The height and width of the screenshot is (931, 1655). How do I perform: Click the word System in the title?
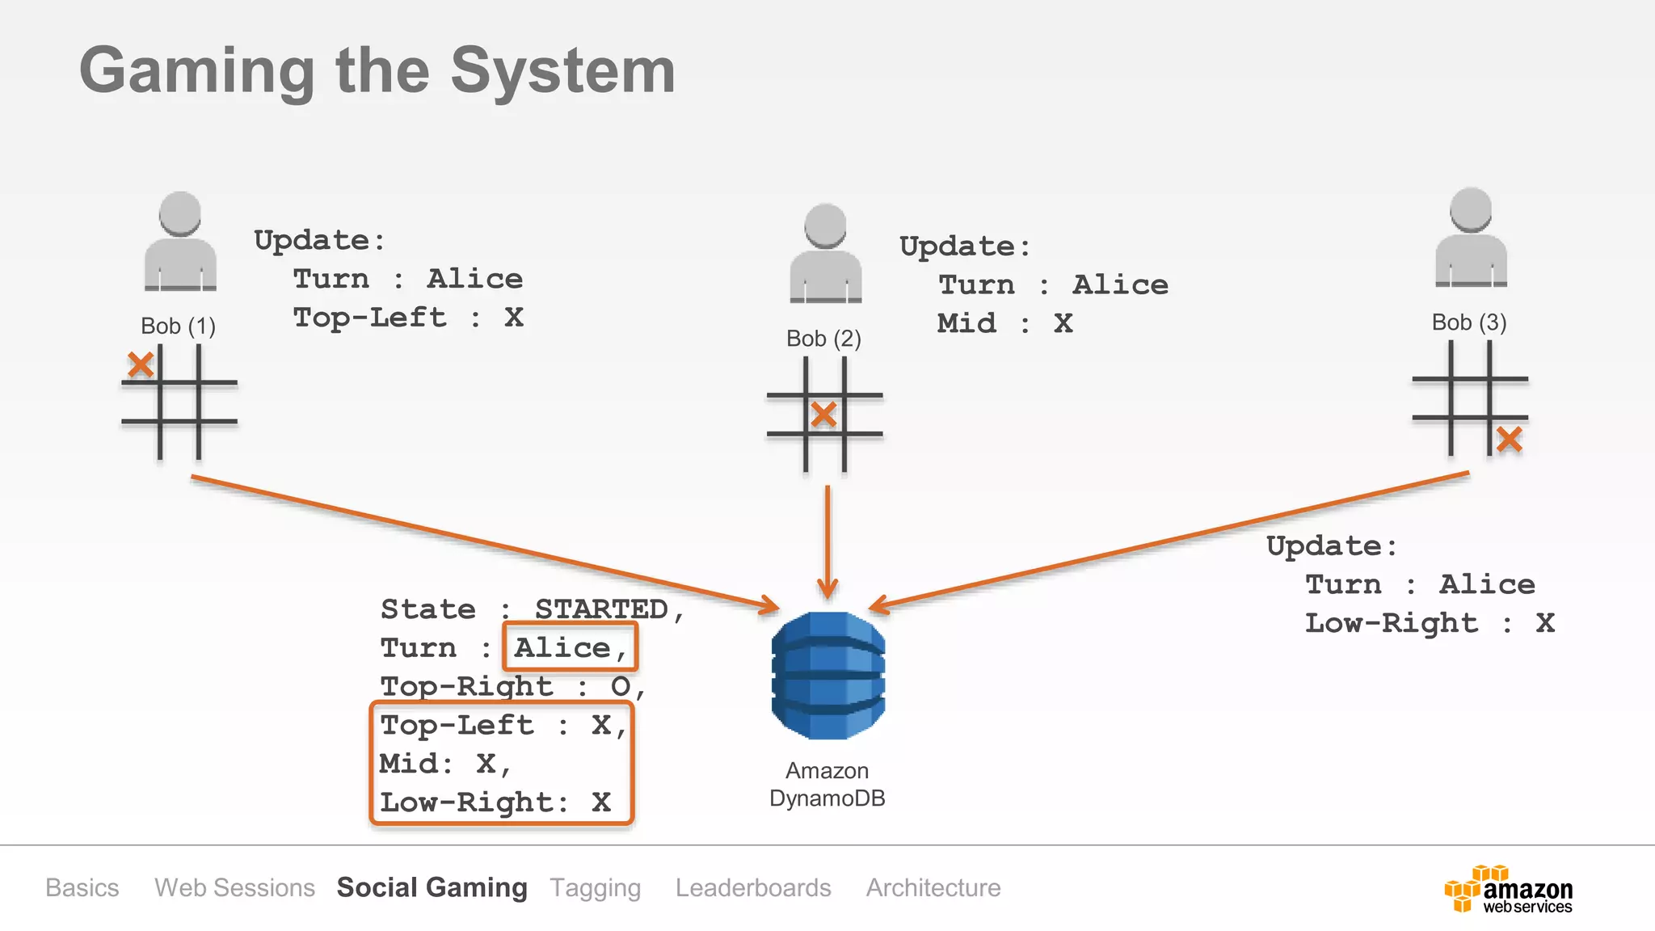[x=562, y=71]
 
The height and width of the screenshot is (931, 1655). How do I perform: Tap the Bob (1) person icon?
[x=179, y=242]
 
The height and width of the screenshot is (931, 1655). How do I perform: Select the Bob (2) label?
[x=823, y=339]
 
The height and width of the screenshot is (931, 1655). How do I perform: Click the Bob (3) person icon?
[x=1471, y=238]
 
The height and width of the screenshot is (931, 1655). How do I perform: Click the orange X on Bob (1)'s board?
[x=141, y=364]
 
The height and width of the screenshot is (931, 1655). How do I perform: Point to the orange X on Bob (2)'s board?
[x=823, y=415]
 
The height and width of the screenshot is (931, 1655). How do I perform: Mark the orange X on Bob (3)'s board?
[x=1509, y=440]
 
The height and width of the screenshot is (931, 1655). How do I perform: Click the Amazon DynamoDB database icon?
[x=827, y=675]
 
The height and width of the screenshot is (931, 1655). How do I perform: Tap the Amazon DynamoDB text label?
[x=827, y=785]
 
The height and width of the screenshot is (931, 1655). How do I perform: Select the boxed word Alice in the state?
[x=569, y=647]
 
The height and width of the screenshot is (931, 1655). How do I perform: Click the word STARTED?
[x=602, y=609]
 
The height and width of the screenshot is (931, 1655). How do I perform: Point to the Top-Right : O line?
[x=512, y=687]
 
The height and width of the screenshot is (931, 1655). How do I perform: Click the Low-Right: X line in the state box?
[x=495, y=803]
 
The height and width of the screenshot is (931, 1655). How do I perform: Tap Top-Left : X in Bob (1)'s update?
[x=408, y=318]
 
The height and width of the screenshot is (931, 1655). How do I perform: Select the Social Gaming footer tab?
[x=432, y=887]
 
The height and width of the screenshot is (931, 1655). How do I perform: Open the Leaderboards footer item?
[x=752, y=887]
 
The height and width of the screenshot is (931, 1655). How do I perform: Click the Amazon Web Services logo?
[x=1508, y=890]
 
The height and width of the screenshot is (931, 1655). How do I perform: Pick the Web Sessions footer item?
[x=234, y=887]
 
